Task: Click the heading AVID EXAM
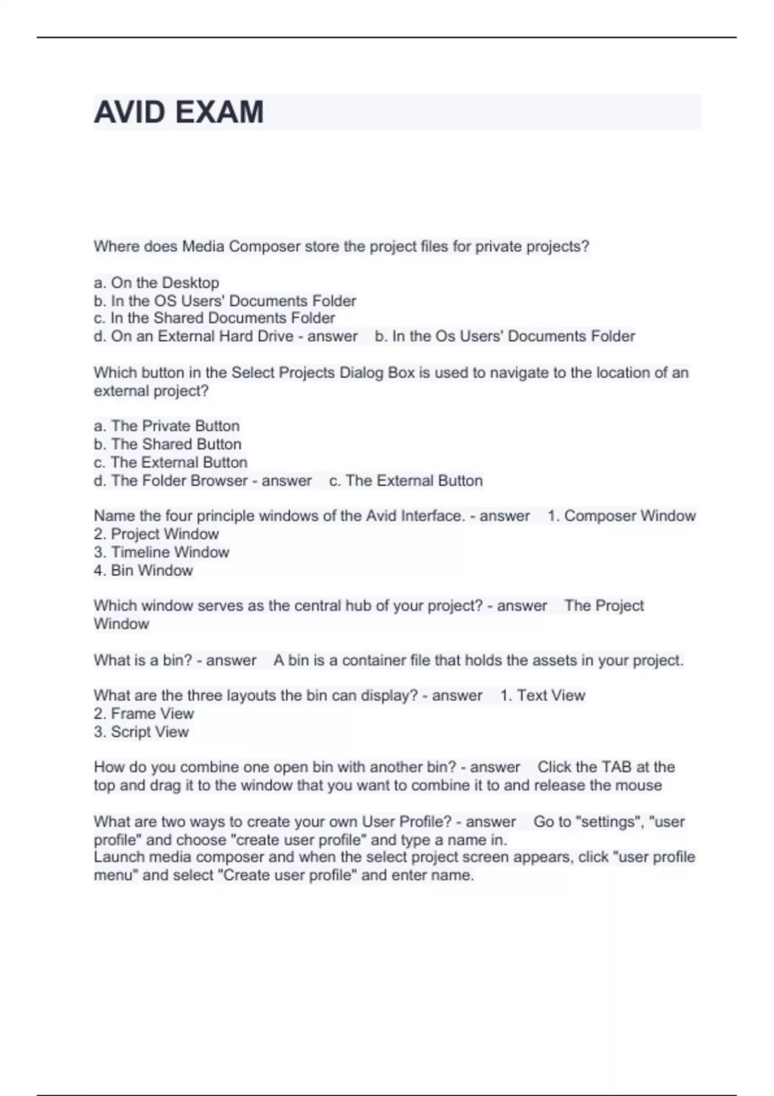(179, 112)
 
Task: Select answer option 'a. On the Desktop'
(157, 283)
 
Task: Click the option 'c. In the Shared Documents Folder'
(214, 318)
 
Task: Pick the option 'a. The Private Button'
(166, 426)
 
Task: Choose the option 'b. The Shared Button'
(168, 444)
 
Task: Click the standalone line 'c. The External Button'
(171, 462)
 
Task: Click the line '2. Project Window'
(156, 534)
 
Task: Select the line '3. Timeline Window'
(161, 553)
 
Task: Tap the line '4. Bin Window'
(143, 571)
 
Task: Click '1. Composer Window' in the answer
(622, 516)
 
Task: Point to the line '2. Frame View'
(143, 714)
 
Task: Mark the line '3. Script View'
(141, 732)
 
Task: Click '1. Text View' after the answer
(542, 696)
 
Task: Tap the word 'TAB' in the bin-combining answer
(617, 767)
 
